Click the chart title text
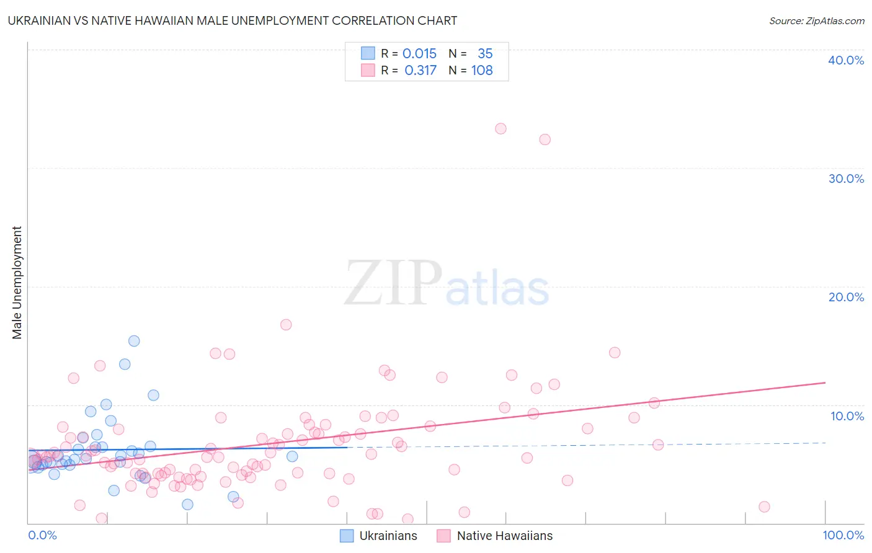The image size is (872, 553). coord(233,20)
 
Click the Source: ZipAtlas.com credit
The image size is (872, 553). coord(816,20)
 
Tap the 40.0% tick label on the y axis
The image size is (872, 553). coord(846,60)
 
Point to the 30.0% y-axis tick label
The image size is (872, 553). coord(846,179)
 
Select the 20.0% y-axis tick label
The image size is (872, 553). coord(846,297)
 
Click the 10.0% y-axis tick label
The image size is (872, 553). coord(847,416)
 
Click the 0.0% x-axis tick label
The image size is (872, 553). coord(42,535)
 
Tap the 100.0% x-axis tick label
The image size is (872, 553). coord(843,535)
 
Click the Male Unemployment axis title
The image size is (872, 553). coord(17,283)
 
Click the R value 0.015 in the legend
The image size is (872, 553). coord(419,54)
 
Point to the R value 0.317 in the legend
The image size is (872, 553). coord(420,71)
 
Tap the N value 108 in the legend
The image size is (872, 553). coord(482,71)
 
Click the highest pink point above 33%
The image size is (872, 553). coord(501,129)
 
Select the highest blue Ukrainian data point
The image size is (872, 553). coord(134,341)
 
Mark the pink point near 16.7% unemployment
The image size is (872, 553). coord(286,325)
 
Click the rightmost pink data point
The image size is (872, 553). coord(764,507)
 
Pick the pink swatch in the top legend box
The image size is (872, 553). coord(368,70)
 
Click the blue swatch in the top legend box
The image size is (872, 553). coord(368,53)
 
